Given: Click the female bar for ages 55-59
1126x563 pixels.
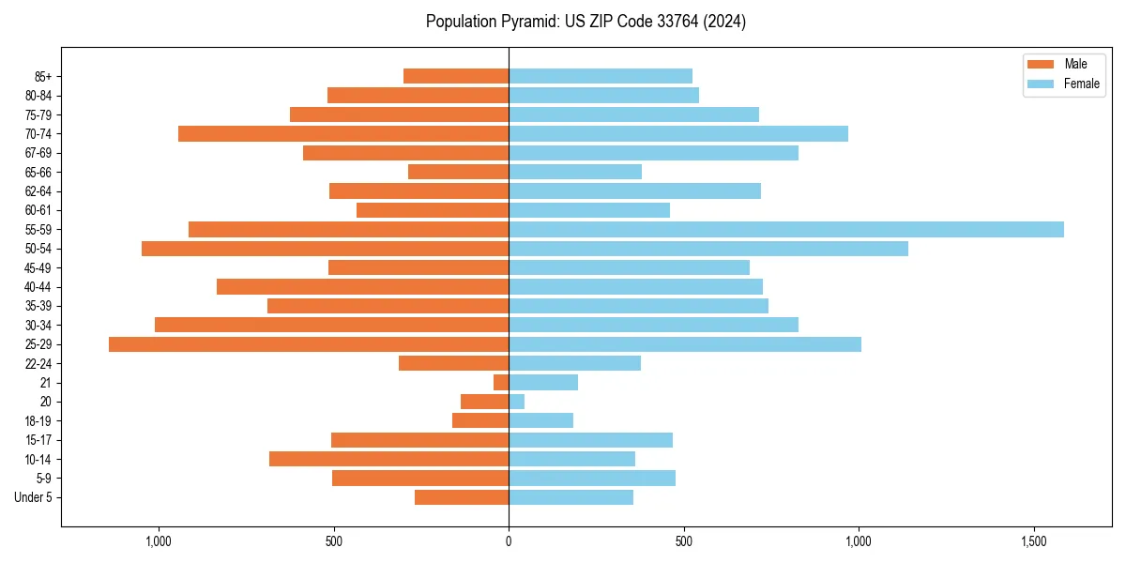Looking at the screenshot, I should tap(786, 230).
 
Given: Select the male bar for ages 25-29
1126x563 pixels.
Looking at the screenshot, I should tap(309, 344).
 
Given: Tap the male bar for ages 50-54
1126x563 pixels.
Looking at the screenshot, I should tap(325, 249).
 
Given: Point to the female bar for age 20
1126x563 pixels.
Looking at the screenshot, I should tap(517, 402).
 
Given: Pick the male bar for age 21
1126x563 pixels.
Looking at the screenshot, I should tap(501, 383).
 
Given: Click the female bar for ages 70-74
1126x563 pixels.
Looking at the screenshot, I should tap(678, 134).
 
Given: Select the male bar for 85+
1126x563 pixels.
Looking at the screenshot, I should tap(456, 76).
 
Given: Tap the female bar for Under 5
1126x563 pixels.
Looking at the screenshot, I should tap(571, 497).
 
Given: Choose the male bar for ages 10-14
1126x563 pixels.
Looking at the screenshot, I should tap(388, 459).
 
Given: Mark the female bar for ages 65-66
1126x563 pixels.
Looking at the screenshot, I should tap(575, 172).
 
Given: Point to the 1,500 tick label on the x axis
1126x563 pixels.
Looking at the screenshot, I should tap(1034, 541).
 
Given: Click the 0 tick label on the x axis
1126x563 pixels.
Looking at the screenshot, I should tap(509, 541).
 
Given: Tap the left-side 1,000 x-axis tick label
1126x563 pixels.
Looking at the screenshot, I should tap(157, 541).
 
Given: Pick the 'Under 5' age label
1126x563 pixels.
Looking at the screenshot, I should tap(33, 497).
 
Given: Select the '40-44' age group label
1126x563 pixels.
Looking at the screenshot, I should tap(38, 287).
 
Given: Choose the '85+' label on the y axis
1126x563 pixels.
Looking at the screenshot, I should tap(42, 76).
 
